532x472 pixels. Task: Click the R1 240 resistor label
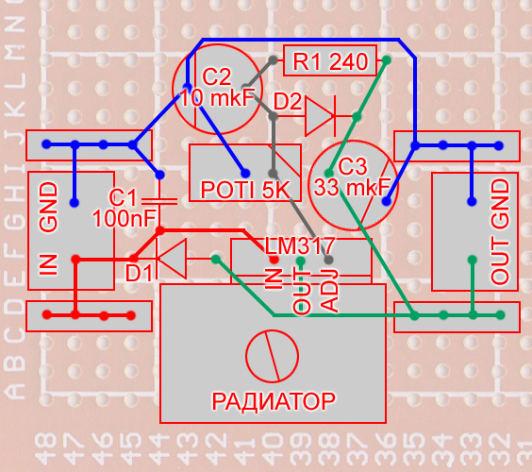[x=330, y=61]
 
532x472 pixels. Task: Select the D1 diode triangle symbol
[x=172, y=259]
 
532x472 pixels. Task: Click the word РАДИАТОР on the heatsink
[x=274, y=402]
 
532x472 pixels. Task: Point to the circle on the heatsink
[x=272, y=356]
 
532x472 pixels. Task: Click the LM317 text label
[x=300, y=245]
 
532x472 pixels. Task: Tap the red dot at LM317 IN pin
[x=274, y=261]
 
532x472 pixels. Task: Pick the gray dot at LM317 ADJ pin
[x=328, y=261]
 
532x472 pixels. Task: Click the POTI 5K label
[x=245, y=190]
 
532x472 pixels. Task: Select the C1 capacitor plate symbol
[x=159, y=202]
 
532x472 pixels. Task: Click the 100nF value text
[x=125, y=218]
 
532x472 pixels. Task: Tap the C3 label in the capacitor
[x=353, y=166]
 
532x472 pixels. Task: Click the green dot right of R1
[x=386, y=60]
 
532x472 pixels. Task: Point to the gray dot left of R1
[x=274, y=60]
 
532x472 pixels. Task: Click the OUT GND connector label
[x=500, y=232]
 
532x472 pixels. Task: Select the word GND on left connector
[x=49, y=207]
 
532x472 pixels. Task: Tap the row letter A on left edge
[x=14, y=390]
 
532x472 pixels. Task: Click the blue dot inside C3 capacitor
[x=386, y=201]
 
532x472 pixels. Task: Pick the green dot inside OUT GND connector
[x=472, y=261]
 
